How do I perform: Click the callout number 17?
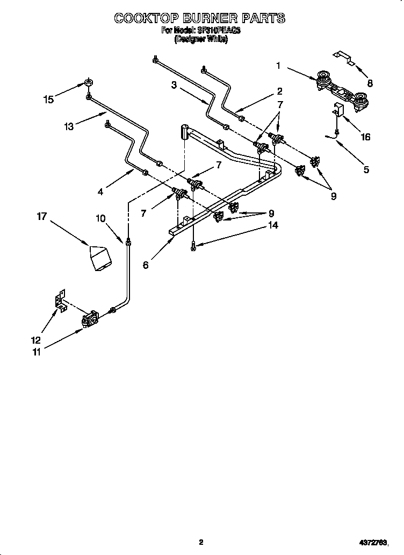point(42,216)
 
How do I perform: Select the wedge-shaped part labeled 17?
point(101,258)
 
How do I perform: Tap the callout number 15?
point(48,99)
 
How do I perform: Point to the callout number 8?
point(370,83)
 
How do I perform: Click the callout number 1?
point(278,66)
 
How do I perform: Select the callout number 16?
point(365,137)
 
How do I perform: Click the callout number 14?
point(273,226)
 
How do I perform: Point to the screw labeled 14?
point(193,246)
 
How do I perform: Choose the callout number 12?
point(35,339)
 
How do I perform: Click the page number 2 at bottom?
point(201,543)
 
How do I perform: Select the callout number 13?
point(68,126)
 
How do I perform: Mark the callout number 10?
point(100,218)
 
